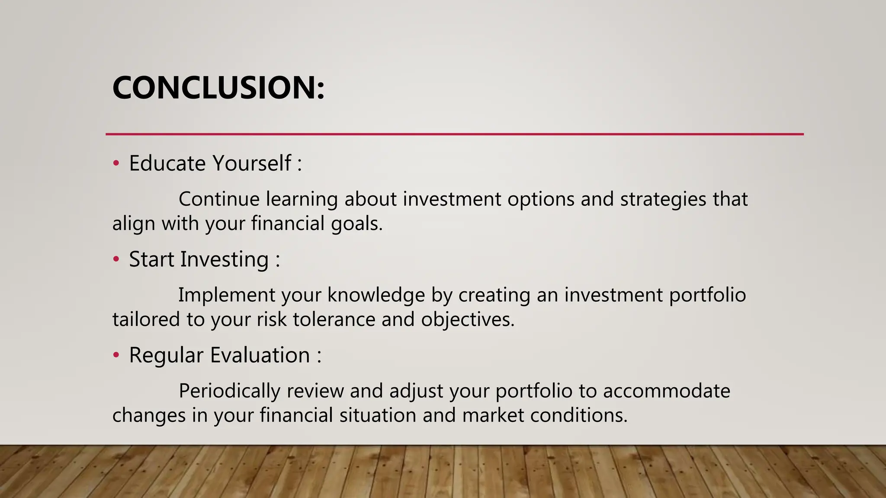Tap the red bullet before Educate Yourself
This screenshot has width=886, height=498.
coord(116,164)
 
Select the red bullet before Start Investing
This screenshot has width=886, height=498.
coord(116,259)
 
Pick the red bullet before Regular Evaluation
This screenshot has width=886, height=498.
coord(116,355)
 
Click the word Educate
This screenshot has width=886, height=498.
coord(167,163)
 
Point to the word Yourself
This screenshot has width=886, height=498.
coord(252,163)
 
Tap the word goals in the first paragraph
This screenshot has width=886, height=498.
coord(356,224)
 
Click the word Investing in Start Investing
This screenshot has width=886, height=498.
coord(225,259)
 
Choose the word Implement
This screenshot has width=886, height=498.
coord(227,295)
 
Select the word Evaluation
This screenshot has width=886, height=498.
coord(260,355)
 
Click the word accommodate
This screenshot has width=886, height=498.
coord(666,391)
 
